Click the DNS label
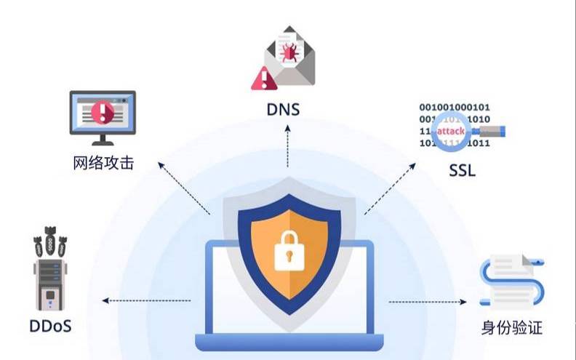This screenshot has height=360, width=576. pos(287,110)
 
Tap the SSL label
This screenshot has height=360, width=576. pos(462,172)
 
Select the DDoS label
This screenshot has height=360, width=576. pos(51,326)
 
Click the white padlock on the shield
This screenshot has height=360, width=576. pos(287,252)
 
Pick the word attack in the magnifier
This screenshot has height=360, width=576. pos(450,132)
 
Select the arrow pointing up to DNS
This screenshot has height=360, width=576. pos(288,145)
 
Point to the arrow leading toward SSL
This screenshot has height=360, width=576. pos(393,193)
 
